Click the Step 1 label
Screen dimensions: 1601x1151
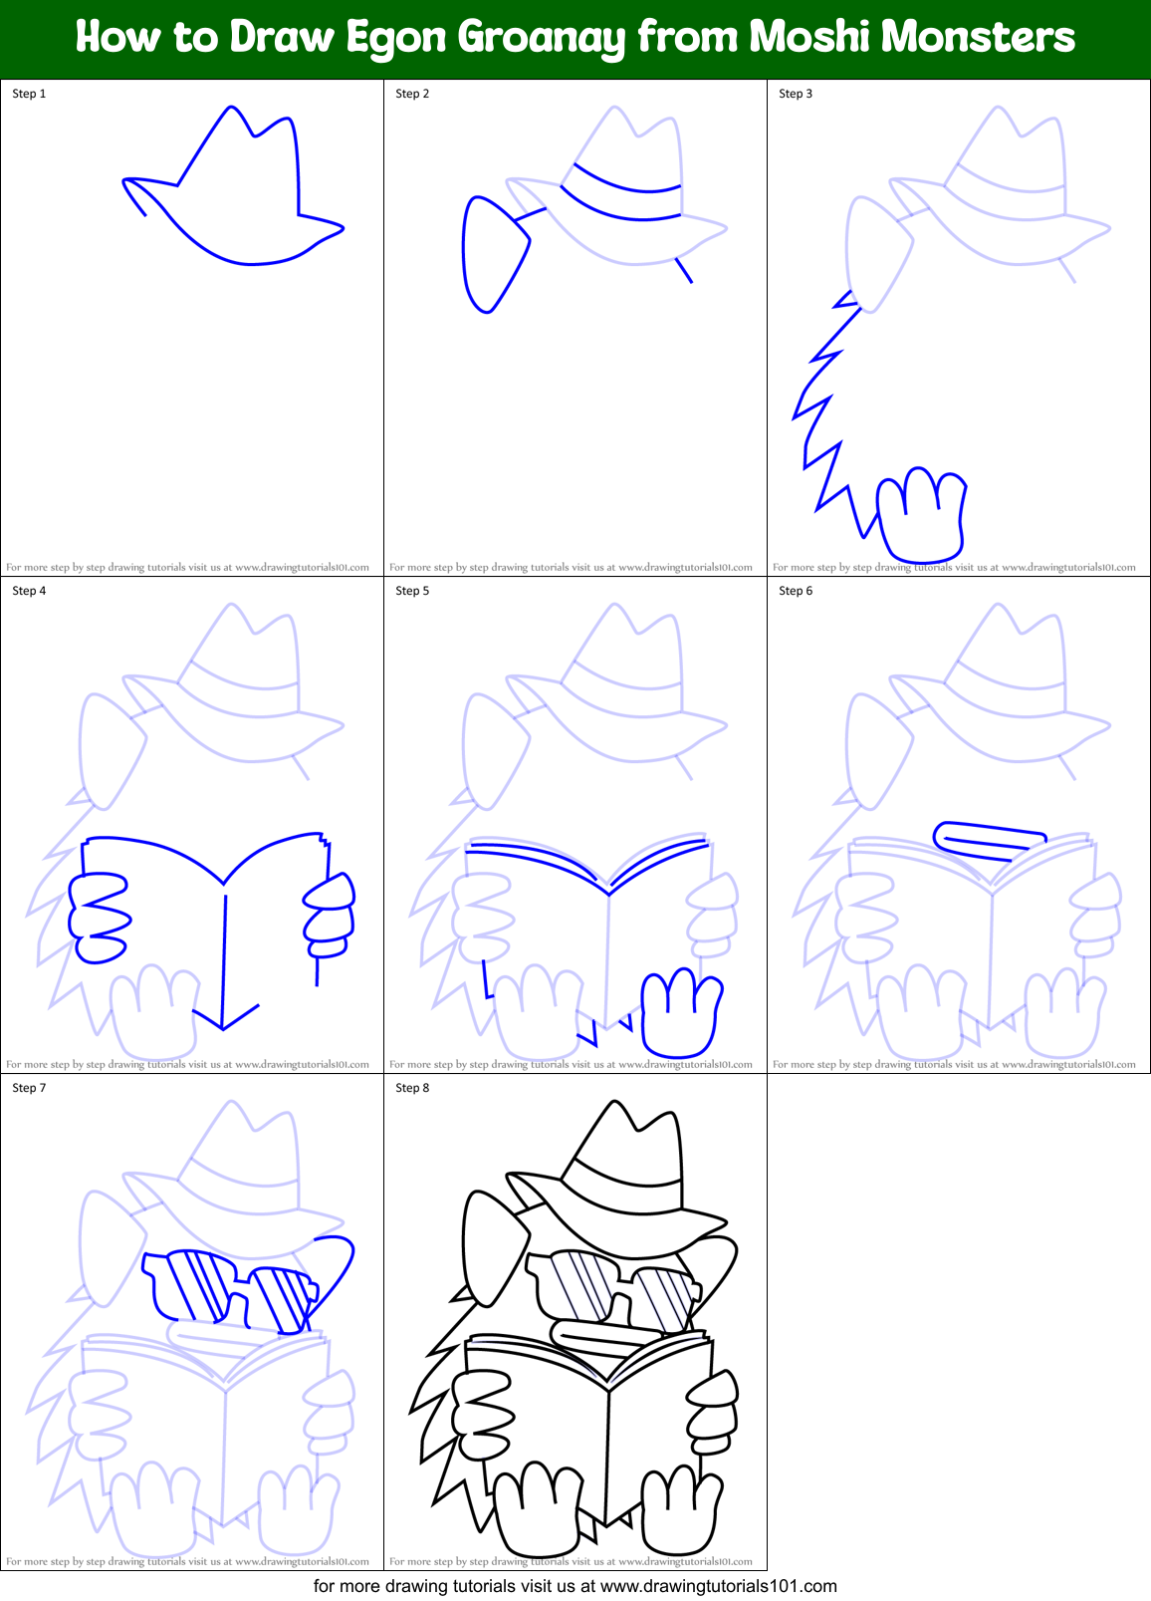pos(29,94)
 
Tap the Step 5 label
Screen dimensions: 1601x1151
pos(412,591)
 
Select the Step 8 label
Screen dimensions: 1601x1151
pos(412,1088)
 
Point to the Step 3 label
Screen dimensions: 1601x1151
pos(796,94)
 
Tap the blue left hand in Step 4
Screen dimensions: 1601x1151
pos(98,918)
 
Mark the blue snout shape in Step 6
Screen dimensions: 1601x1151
pos(988,839)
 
